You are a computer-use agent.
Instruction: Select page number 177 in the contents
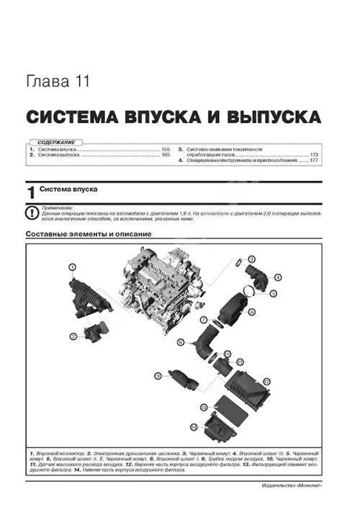314,161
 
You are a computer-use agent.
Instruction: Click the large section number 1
30,192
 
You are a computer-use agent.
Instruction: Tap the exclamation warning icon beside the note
30,212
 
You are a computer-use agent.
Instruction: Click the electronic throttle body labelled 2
94,334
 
